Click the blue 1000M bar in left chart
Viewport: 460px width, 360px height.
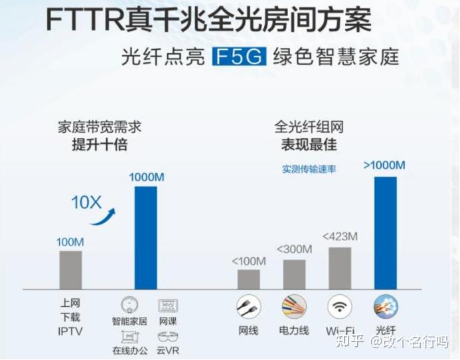146,238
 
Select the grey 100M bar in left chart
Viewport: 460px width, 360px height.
71,270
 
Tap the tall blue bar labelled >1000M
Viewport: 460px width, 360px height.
385,232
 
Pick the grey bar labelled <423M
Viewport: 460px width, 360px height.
339,268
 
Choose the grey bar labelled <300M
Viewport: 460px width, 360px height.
294,274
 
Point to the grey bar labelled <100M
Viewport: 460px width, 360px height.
249,279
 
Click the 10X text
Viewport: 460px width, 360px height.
86,202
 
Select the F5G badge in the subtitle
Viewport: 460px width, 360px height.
239,56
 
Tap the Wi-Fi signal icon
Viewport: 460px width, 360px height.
339,307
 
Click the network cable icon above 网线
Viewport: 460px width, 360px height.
249,307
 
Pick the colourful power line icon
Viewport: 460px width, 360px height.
294,307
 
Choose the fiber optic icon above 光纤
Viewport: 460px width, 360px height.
385,307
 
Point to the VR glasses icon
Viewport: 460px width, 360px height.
168,336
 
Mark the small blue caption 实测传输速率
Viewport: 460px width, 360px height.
309,169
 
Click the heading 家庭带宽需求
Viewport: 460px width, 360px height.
100,127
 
